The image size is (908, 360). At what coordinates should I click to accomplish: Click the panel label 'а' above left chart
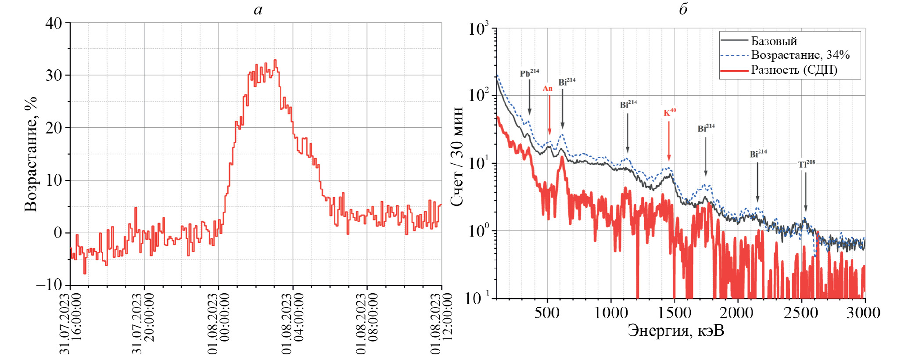click(258, 10)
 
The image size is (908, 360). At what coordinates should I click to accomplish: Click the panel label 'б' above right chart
click(683, 9)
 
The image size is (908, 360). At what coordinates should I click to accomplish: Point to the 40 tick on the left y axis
click(54, 23)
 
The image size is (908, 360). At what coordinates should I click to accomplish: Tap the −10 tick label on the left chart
click(49, 285)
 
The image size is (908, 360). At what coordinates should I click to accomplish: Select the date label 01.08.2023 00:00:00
click(218, 324)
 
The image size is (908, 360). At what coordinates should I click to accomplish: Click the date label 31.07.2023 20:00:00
click(144, 324)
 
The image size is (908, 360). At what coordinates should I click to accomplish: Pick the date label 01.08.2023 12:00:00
click(441, 324)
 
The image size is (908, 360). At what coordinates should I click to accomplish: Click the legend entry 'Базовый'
click(774, 41)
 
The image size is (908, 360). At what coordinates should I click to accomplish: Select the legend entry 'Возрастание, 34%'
click(800, 55)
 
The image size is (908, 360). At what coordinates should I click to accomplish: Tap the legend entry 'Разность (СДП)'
click(794, 70)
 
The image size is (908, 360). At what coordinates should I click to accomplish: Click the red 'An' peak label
click(547, 89)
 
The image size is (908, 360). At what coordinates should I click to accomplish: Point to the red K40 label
click(669, 112)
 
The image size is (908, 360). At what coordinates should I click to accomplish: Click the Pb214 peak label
click(529, 73)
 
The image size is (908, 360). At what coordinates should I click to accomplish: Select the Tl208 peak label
click(806, 164)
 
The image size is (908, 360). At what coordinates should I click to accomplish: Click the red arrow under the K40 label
click(669, 141)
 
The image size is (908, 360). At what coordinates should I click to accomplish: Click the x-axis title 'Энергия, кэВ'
click(676, 330)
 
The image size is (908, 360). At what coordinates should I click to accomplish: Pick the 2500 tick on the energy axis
click(801, 313)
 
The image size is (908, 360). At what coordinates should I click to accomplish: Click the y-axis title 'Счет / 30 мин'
click(457, 156)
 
